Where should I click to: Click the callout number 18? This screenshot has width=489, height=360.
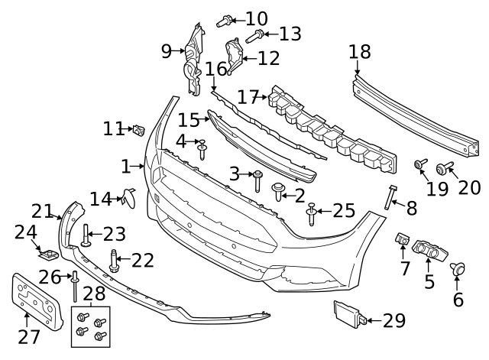pyautogui.click(x=360, y=52)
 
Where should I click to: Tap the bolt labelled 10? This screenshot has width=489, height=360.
pyautogui.click(x=224, y=21)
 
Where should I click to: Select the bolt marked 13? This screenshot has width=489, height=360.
pyautogui.click(x=254, y=37)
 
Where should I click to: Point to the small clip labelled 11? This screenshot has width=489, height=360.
pyautogui.click(x=139, y=130)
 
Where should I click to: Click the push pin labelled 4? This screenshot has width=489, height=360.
pyautogui.click(x=202, y=150)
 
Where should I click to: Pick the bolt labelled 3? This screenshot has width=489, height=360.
pyautogui.click(x=257, y=181)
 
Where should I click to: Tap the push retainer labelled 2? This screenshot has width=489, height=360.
pyautogui.click(x=278, y=192)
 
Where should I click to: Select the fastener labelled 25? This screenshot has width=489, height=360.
pyautogui.click(x=311, y=214)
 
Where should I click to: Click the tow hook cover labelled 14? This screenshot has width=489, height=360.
pyautogui.click(x=129, y=198)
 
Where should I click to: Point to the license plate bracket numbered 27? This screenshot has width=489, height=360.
pyautogui.click(x=37, y=302)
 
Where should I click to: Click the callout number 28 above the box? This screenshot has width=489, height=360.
pyautogui.click(x=94, y=294)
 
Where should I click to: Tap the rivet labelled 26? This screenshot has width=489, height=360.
pyautogui.click(x=75, y=286)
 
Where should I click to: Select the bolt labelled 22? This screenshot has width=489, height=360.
pyautogui.click(x=114, y=261)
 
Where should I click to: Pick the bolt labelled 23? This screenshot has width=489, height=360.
pyautogui.click(x=86, y=235)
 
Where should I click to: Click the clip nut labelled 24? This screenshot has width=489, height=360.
pyautogui.click(x=49, y=255)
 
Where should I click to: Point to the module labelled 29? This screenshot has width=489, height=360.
pyautogui.click(x=350, y=314)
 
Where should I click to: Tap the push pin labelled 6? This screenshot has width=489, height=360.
pyautogui.click(x=458, y=269)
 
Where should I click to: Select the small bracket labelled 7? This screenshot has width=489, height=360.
pyautogui.click(x=403, y=239)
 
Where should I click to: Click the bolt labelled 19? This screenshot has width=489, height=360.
pyautogui.click(x=420, y=163)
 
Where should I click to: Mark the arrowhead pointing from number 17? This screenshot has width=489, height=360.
pyautogui.click(x=264, y=97)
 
